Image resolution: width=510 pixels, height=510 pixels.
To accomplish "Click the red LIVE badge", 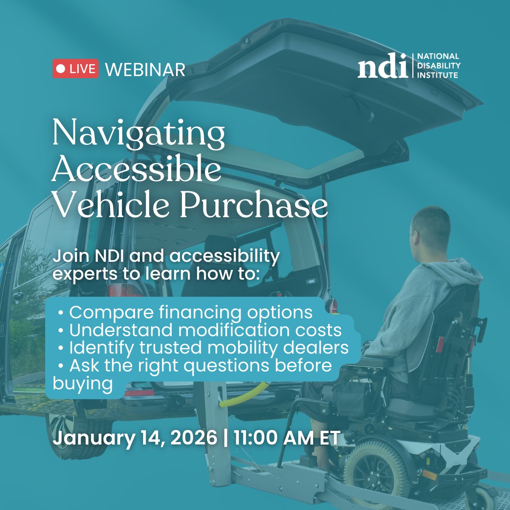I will pyautogui.click(x=76, y=69).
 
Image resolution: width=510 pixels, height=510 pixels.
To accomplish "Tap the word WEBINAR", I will pyautogui.click(x=145, y=70).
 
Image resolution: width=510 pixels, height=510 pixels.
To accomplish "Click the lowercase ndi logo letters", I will pyautogui.click(x=382, y=67).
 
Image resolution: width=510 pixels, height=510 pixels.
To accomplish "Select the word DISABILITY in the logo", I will pyautogui.click(x=439, y=65).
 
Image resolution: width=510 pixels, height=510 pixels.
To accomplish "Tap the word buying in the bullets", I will pyautogui.click(x=83, y=384).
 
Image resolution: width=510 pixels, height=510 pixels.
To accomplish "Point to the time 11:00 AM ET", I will pyautogui.click(x=287, y=438).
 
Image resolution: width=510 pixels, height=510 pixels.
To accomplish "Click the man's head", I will pyautogui.click(x=429, y=229).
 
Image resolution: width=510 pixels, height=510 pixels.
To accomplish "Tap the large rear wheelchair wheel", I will pyautogui.click(x=376, y=472).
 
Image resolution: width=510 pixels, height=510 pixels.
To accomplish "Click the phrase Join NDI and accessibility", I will pyautogui.click(x=166, y=256).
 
